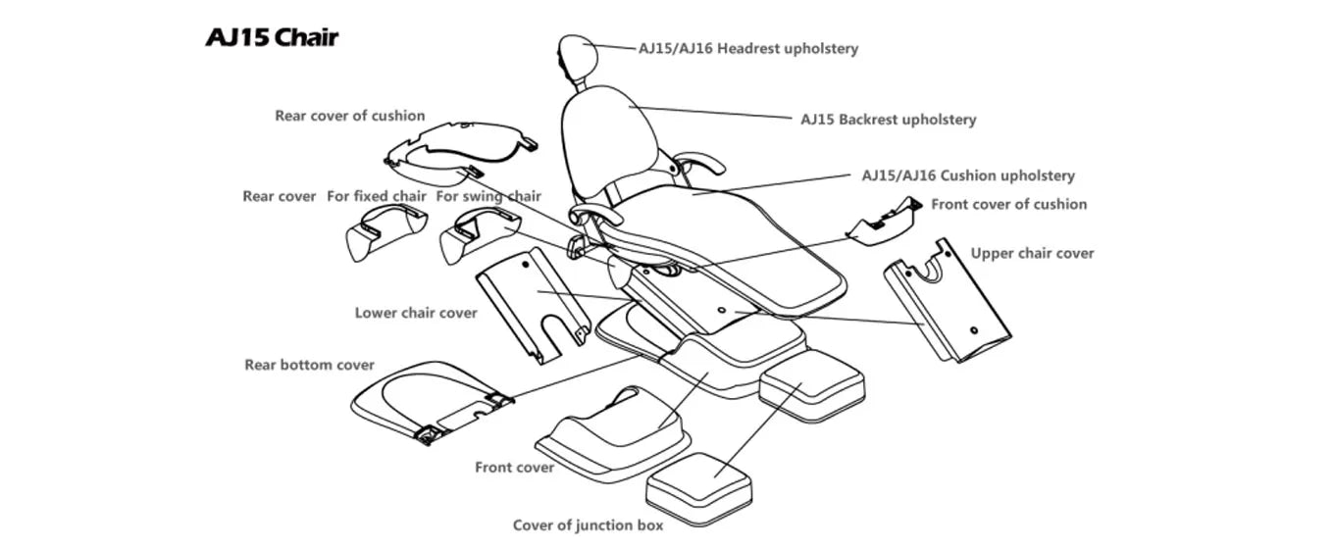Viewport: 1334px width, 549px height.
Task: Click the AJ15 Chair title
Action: (272, 38)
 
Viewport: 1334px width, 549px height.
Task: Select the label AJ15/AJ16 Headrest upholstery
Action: (747, 48)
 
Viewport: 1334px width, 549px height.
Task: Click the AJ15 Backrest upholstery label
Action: (888, 120)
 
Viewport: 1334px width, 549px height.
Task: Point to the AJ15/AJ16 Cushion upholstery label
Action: (967, 176)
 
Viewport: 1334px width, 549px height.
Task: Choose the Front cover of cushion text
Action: (1008, 205)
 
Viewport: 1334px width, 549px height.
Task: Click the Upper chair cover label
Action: (1032, 253)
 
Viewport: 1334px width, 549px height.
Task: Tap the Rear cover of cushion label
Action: (349, 116)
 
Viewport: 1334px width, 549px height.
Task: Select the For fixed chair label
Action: (377, 196)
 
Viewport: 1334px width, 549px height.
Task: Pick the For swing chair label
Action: (488, 196)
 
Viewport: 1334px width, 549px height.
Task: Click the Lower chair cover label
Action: (416, 313)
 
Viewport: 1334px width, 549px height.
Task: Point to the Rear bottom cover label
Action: (309, 365)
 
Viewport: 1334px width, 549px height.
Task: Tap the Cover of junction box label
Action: (588, 525)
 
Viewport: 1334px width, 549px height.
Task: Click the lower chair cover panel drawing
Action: (532, 304)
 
